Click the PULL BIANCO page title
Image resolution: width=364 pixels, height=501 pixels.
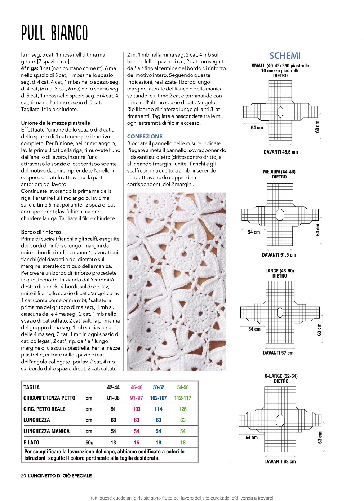pos(54,33)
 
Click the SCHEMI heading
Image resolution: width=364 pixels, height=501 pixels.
pos(285,56)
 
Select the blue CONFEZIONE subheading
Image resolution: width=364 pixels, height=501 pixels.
pos(145,137)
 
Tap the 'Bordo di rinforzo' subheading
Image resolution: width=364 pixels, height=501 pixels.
pos(41,232)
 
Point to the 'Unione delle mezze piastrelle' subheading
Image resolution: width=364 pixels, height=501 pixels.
pos(56,123)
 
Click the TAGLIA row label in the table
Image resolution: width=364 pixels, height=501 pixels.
pos(32,387)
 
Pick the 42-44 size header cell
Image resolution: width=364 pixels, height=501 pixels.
pos(113,387)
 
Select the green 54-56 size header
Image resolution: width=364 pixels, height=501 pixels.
pos(183,387)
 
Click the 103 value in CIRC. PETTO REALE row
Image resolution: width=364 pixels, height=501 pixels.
pos(137,409)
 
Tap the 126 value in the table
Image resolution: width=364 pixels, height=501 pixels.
pos(183,409)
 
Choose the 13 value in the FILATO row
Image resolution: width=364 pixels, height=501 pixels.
pos(113,443)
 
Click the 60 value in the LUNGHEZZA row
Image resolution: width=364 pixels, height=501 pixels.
pos(113,420)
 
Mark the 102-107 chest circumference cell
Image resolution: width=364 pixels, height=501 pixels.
pos(158,398)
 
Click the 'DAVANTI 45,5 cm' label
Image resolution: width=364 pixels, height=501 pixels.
pos(281,152)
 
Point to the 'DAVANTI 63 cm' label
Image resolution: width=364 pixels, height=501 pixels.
pos(280,462)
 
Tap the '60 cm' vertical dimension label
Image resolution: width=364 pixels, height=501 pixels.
pos(318,127)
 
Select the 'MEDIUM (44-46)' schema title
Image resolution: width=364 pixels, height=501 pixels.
pos(279,172)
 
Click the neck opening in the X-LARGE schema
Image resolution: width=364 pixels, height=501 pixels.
pos(280,421)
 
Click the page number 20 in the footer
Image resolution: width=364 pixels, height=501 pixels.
pos(23,476)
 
